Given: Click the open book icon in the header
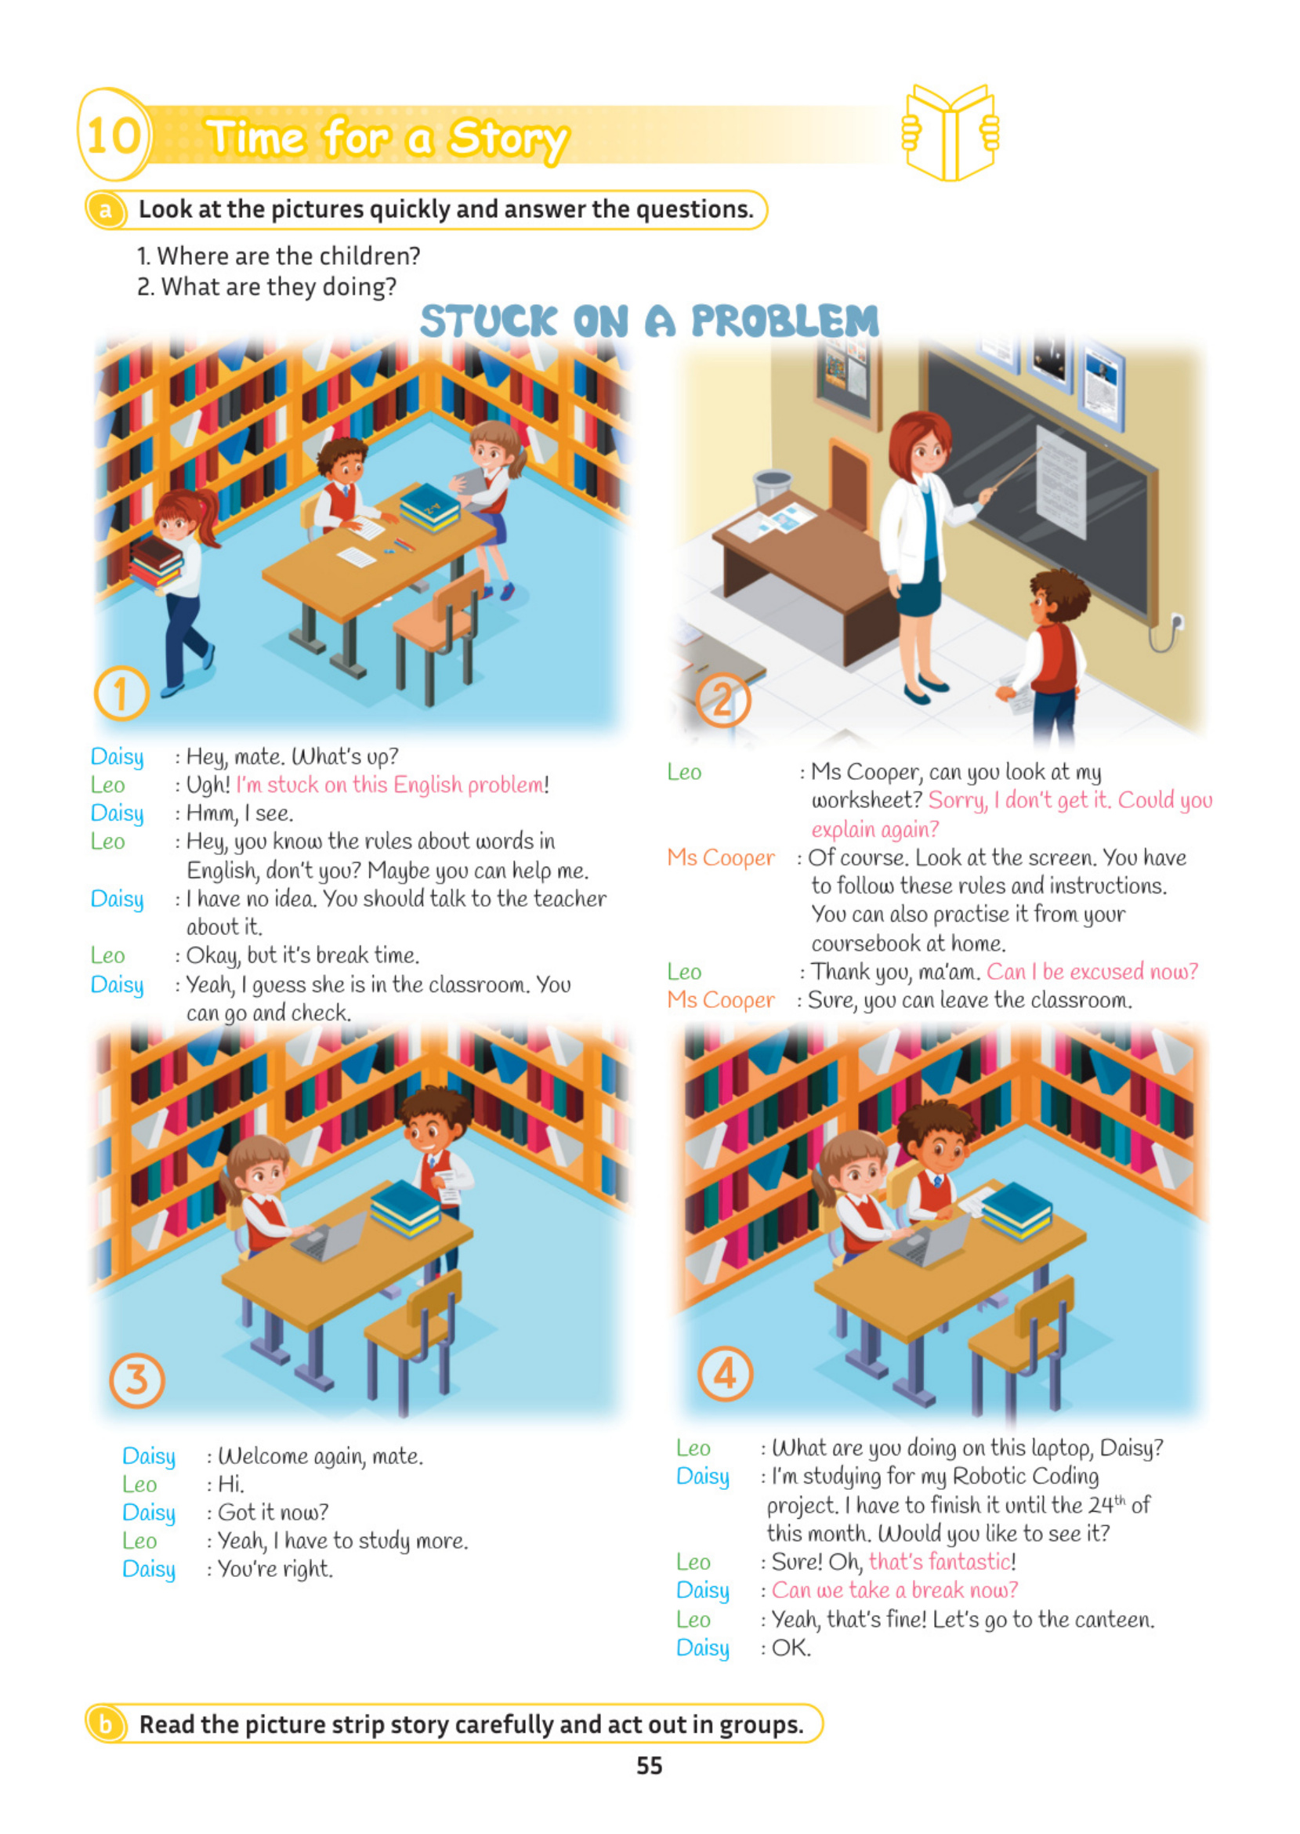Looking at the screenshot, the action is point(950,132).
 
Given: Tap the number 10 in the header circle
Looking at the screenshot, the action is point(114,135).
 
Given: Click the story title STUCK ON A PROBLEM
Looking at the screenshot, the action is point(649,321).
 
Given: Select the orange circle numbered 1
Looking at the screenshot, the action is point(121,694).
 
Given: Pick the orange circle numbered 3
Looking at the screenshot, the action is point(137,1379).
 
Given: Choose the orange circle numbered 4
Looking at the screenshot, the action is point(725,1374).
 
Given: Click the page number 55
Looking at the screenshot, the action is point(649,1766).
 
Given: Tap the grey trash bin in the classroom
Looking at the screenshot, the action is point(773,488).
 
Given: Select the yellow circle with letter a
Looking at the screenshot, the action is point(106,211).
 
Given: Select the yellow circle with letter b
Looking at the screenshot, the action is point(106,1723).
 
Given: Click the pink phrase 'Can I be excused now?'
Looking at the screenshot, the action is point(1092,972).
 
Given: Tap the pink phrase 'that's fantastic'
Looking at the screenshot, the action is point(940,1562).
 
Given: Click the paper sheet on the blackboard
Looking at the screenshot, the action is point(1061,481).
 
